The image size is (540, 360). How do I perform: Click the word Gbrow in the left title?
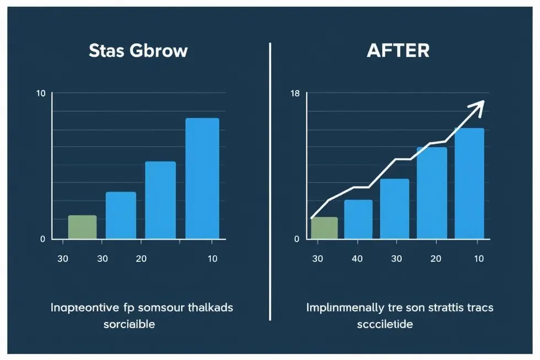[x=159, y=51]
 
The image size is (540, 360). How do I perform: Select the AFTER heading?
[x=398, y=51]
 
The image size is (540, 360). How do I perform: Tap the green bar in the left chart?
[x=82, y=227]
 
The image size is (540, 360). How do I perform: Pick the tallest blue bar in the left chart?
[x=202, y=178]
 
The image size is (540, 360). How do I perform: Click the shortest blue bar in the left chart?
[x=121, y=215]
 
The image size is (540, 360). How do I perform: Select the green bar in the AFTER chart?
[x=324, y=228]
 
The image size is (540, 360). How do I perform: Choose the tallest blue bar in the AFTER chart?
[x=469, y=183]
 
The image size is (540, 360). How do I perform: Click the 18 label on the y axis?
[x=295, y=93]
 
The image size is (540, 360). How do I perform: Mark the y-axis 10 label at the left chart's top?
[x=41, y=93]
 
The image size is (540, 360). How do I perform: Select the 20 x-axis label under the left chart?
[x=141, y=258]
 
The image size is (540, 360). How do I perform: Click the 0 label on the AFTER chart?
[x=296, y=239]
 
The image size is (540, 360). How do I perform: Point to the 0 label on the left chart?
[x=42, y=239]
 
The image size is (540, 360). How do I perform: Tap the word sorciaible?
[x=128, y=324]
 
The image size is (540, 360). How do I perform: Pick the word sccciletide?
[x=385, y=324]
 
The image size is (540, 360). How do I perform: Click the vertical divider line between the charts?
[x=270, y=182]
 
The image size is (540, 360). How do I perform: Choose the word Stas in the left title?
[x=107, y=51]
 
